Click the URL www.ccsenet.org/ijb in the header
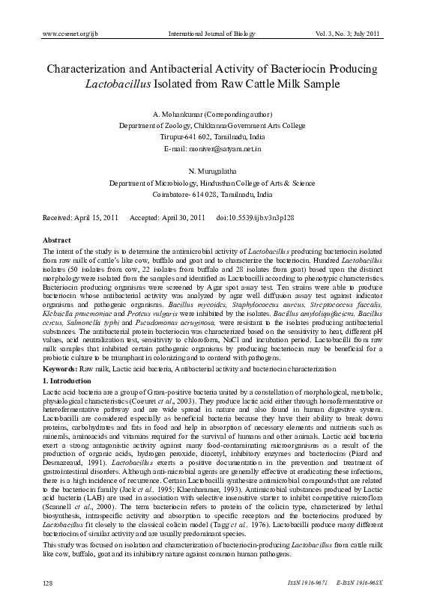pos(68,34)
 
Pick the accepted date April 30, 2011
pos(179,217)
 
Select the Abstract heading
pos(56,240)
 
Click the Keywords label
pos(60,370)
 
